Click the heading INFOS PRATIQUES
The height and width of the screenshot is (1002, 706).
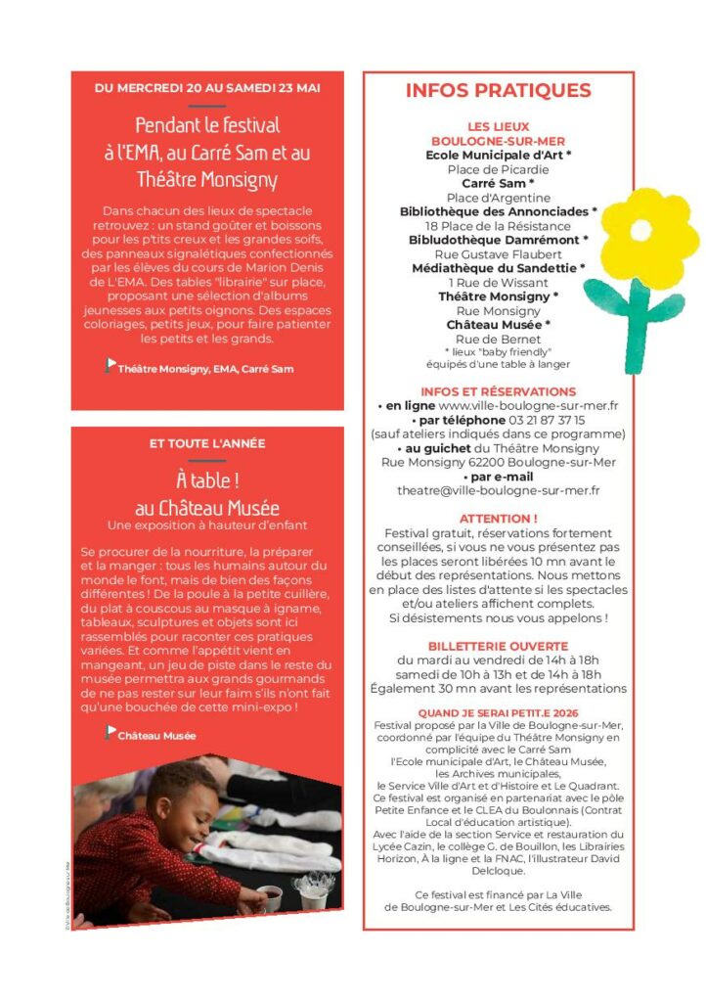498,91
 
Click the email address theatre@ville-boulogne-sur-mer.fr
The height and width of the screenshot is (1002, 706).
498,490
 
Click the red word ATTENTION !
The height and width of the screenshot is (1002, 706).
498,518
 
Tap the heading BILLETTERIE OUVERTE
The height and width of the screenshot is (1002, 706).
498,646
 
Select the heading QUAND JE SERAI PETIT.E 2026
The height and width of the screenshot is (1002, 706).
498,713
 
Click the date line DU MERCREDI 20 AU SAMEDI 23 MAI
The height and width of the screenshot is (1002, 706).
206,88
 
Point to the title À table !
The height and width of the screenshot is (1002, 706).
207,480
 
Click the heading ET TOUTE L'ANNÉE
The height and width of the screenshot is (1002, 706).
207,443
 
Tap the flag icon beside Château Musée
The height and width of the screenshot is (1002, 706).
110,732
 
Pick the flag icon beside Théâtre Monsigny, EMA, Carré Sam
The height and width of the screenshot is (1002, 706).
110,365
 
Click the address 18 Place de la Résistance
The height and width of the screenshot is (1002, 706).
498,225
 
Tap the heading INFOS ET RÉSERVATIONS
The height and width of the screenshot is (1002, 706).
498,391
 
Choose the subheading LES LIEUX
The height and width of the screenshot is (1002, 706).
498,126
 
